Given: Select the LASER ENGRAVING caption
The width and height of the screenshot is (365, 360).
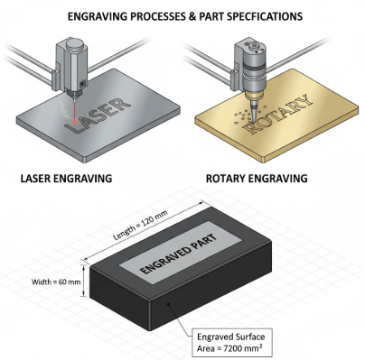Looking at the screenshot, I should (x=66, y=179).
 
